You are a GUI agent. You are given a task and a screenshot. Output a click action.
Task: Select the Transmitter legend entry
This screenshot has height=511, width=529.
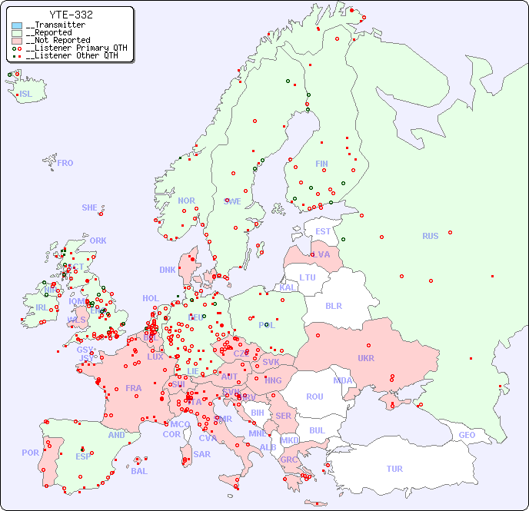(x=58, y=25)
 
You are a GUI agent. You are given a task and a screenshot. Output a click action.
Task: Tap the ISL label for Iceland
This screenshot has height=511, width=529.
(x=26, y=95)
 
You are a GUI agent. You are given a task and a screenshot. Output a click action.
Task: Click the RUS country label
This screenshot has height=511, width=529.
(x=430, y=236)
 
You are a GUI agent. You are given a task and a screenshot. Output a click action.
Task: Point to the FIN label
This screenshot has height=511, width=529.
(x=321, y=164)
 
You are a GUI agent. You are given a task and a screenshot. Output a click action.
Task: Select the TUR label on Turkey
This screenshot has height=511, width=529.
(x=394, y=469)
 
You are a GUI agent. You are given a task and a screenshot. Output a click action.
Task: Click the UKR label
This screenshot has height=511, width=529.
(x=365, y=358)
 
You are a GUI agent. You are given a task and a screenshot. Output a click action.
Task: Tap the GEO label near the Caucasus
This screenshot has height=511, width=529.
(x=467, y=435)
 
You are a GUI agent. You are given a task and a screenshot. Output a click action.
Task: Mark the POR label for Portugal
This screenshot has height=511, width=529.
(x=30, y=453)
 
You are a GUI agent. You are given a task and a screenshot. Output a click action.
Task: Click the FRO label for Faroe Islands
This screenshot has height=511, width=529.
(x=65, y=163)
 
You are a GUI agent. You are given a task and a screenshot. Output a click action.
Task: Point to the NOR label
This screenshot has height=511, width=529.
(x=186, y=201)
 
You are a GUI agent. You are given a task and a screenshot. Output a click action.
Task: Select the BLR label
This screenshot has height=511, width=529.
(x=333, y=305)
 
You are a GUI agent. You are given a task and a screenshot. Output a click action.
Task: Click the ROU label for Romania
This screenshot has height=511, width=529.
(x=314, y=397)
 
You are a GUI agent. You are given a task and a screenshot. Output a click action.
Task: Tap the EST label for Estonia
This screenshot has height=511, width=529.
(x=323, y=231)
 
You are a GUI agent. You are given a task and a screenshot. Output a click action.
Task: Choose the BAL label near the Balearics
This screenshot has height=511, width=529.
(x=138, y=471)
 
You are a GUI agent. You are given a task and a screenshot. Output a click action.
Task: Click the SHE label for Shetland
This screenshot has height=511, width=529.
(x=90, y=207)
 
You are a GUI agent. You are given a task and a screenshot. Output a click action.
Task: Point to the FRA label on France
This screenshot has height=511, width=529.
(x=134, y=388)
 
